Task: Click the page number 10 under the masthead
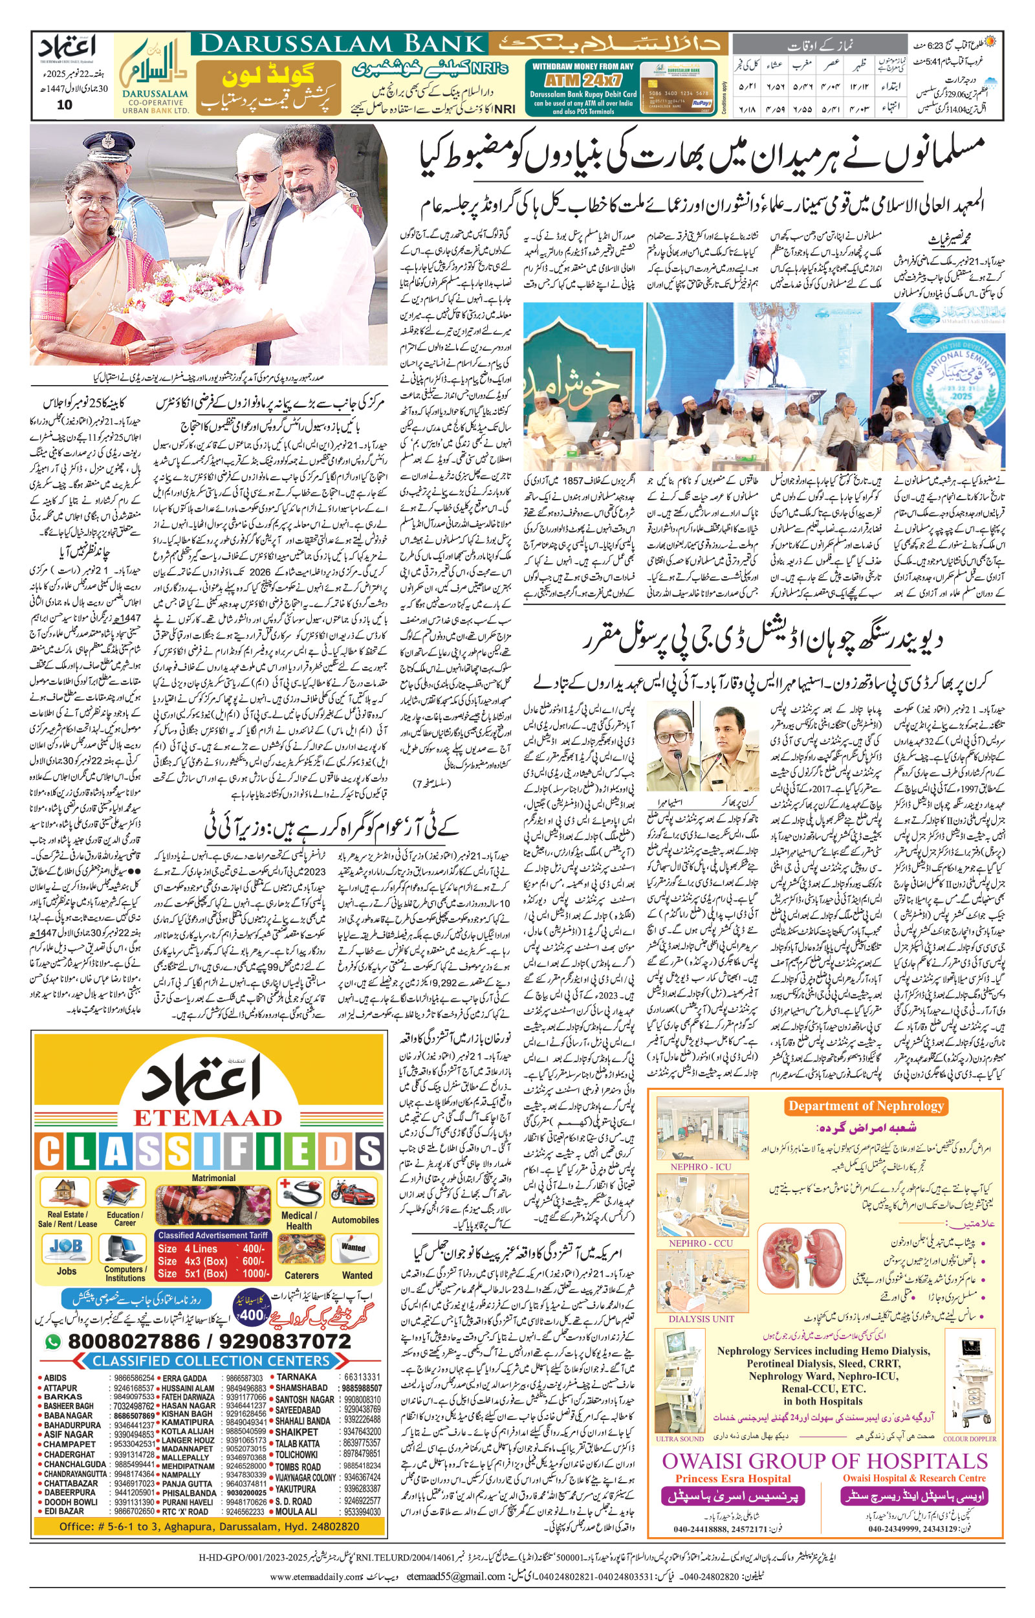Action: (x=65, y=105)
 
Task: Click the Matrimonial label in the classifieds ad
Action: (x=213, y=1179)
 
